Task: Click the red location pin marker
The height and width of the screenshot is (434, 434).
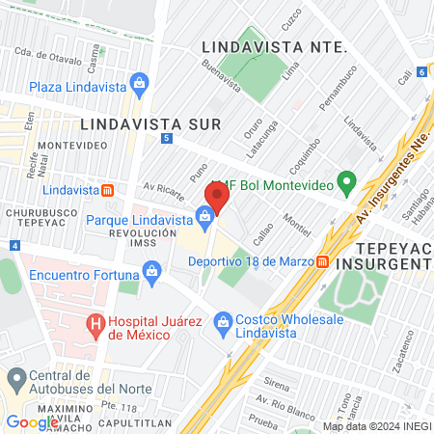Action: pos(215,199)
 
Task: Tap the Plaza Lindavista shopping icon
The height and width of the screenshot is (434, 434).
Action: pos(138,86)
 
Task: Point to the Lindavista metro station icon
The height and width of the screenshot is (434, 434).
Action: pos(107,191)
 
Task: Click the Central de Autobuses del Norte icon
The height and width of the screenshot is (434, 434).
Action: pos(15,377)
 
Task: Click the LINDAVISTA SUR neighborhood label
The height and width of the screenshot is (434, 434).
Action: pos(150,123)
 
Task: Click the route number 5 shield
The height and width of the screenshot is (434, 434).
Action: pos(168,139)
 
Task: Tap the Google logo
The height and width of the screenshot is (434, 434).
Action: pos(32,421)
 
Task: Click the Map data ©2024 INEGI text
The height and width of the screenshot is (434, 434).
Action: pos(376,426)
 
